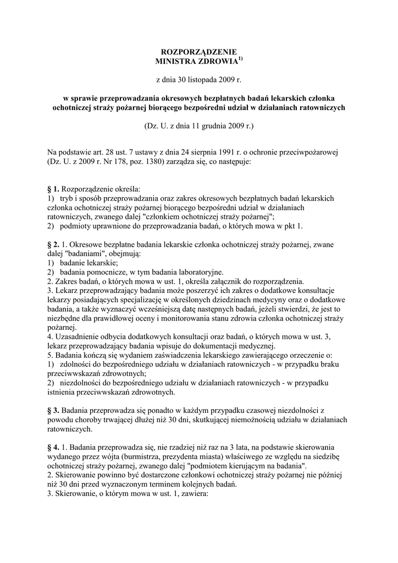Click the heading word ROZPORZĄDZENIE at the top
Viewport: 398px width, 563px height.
199,51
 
